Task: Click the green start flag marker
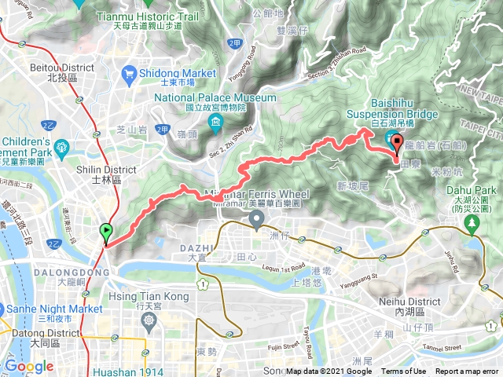tap(106, 232)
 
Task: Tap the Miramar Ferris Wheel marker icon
tap(255, 218)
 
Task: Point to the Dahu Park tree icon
tap(472, 224)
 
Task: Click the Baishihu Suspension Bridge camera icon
tap(391, 141)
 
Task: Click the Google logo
tap(29, 366)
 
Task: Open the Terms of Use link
tap(404, 372)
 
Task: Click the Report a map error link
tap(467, 372)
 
